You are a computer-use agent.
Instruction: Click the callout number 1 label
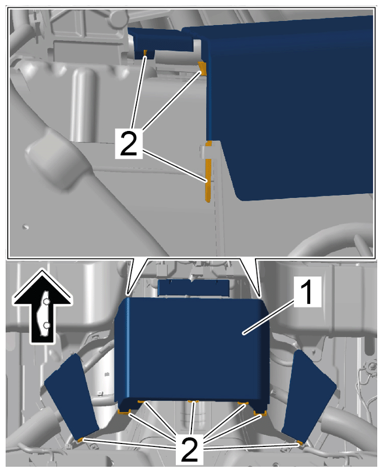(x=307, y=292)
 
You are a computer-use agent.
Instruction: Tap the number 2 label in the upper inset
(x=129, y=143)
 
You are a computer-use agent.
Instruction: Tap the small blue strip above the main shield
(x=194, y=287)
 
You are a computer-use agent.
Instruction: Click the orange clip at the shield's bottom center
(x=193, y=402)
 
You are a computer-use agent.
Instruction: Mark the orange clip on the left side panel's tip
(x=80, y=440)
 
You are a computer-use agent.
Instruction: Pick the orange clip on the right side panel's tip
(x=299, y=442)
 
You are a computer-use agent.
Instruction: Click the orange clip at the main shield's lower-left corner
(x=124, y=411)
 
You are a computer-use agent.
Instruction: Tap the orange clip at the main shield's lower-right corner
(x=260, y=413)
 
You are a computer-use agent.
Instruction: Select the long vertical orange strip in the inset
(x=208, y=180)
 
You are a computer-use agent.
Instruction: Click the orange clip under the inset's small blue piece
(x=145, y=53)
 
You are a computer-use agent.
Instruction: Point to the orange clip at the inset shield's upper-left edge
(x=203, y=68)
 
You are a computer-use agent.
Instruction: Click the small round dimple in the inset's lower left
(x=26, y=226)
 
